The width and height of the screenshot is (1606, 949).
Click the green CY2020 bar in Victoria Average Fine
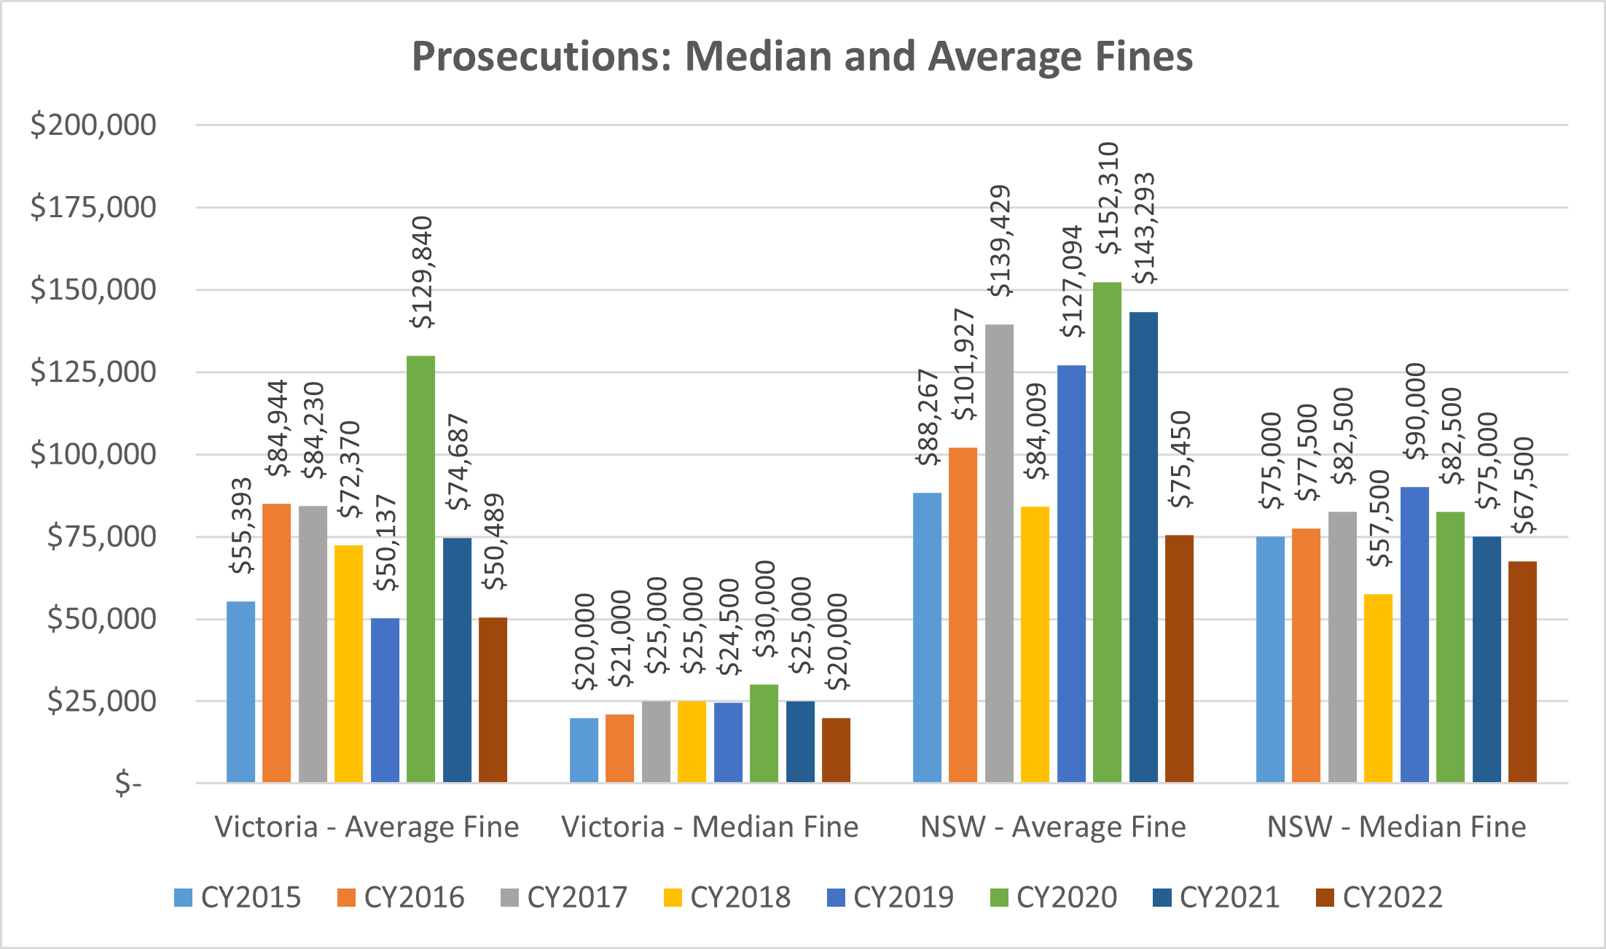tap(420, 569)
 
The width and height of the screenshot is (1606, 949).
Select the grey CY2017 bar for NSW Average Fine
tap(999, 554)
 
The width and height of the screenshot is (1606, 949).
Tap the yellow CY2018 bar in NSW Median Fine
tap(1378, 688)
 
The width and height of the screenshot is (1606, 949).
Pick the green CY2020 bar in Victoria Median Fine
tap(764, 733)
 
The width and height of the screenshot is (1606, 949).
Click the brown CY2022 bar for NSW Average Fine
tap(1179, 659)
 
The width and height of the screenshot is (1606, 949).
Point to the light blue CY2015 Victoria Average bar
tap(240, 692)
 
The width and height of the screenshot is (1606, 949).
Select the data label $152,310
tap(1108, 198)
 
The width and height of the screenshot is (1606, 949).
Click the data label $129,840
tap(421, 273)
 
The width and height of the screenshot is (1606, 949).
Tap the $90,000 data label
tap(1414, 412)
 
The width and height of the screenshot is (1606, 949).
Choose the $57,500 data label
tap(1379, 518)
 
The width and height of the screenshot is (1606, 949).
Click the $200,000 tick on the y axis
tap(93, 125)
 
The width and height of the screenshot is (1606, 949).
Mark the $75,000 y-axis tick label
tap(101, 536)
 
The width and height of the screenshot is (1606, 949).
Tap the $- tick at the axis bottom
tap(128, 784)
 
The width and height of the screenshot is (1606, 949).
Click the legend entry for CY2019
tap(890, 897)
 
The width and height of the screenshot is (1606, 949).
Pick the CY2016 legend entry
tap(400, 897)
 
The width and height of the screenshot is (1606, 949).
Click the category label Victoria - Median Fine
tap(710, 827)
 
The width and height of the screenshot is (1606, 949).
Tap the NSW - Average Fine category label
tap(1053, 827)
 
